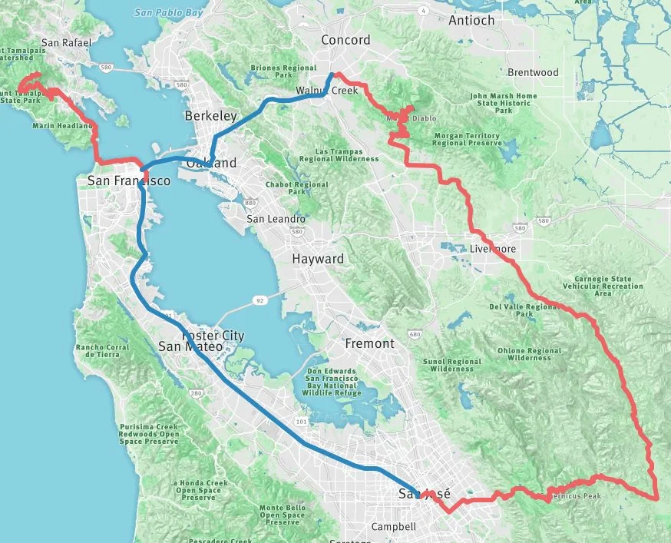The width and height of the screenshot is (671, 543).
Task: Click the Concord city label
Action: tap(345, 40)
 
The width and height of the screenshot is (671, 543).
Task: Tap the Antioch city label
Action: tap(471, 20)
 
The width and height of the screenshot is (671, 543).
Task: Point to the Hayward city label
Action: tap(318, 259)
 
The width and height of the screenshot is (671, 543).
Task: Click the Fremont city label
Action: tap(369, 343)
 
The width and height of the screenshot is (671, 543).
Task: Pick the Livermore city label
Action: tap(492, 250)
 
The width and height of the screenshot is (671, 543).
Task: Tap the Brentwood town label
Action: tap(533, 72)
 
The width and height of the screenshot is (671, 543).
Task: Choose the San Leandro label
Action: tap(276, 219)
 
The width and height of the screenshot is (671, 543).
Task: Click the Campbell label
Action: tap(393, 527)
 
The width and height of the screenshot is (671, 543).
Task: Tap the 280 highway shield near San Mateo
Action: tap(195, 394)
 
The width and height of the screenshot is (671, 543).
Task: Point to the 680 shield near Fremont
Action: tap(415, 334)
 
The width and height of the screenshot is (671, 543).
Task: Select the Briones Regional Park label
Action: tap(284, 72)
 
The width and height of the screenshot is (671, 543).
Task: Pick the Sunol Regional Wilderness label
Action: tap(452, 365)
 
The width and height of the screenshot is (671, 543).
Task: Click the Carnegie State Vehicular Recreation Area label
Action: tap(603, 286)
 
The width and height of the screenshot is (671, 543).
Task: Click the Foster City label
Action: tap(213, 336)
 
